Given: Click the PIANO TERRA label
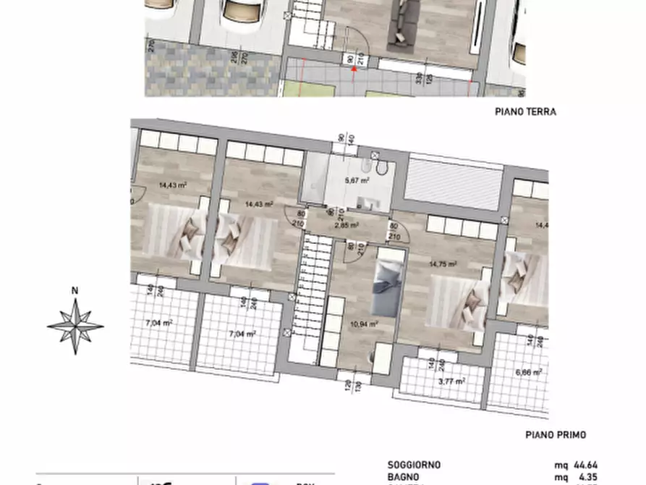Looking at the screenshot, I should click(525, 112).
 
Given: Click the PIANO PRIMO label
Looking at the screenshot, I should click(555, 435).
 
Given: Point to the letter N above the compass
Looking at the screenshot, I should click(75, 292).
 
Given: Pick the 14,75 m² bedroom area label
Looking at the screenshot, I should click(443, 265).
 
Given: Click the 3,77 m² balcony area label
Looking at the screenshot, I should click(453, 380).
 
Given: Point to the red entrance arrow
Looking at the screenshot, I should click(354, 69).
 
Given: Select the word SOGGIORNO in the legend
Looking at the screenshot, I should click(414, 465).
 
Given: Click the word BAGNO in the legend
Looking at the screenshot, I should click(403, 478).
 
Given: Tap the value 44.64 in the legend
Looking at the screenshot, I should click(585, 465).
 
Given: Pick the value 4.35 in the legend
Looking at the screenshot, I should click(588, 478).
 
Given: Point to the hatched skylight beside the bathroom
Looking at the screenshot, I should click(453, 184).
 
